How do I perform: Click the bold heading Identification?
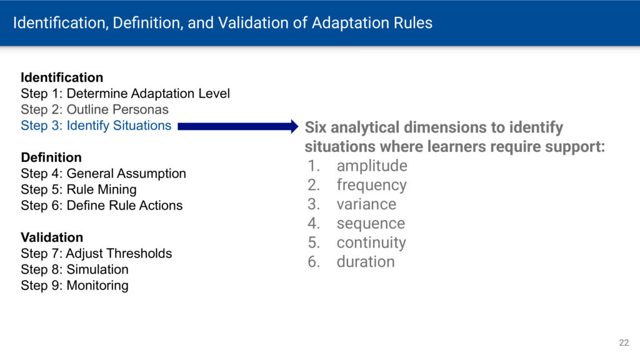(x=62, y=77)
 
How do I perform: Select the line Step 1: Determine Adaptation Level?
(x=125, y=94)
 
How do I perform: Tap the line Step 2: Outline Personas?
(x=95, y=109)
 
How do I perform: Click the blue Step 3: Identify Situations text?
(x=96, y=125)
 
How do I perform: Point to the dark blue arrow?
(x=238, y=126)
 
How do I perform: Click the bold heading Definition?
(x=51, y=157)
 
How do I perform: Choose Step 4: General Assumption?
(x=103, y=174)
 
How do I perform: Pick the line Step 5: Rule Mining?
(x=79, y=189)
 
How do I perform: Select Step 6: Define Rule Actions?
(x=102, y=205)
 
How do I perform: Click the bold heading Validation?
(x=52, y=237)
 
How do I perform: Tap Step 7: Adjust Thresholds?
(x=96, y=254)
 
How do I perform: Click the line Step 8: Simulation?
(x=75, y=269)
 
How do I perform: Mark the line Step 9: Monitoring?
(x=75, y=285)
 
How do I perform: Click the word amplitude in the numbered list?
(x=372, y=166)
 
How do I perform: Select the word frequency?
(x=371, y=185)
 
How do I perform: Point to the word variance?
(x=366, y=204)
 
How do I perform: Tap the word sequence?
(x=371, y=224)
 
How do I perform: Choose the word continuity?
(x=371, y=243)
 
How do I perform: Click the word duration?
(x=366, y=262)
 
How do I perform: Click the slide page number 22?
(x=624, y=343)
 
